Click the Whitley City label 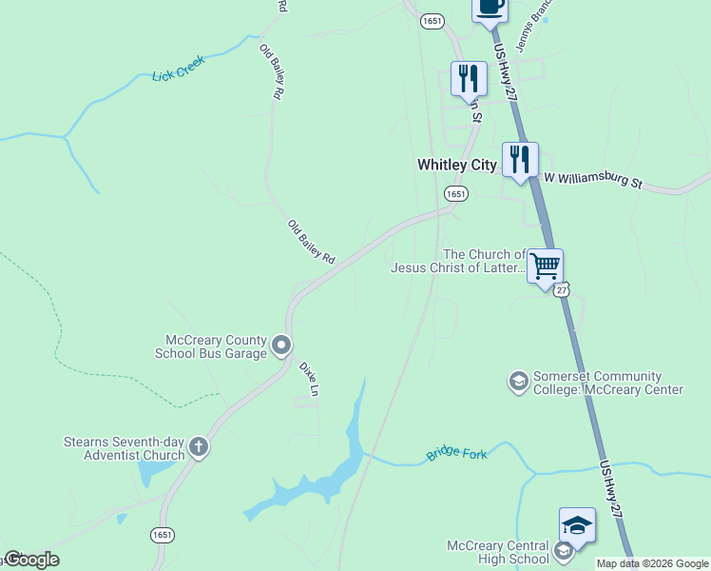pos(456,165)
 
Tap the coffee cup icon pos(490,8)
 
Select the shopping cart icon pos(545,266)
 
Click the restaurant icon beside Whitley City pos(520,159)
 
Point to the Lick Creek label pos(179,73)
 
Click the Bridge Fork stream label pos(456,455)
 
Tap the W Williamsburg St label pos(593,179)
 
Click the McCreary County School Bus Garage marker pos(281,345)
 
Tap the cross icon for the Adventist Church pos(198,446)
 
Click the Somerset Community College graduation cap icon pos(518,382)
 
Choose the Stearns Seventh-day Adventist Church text pos(124,447)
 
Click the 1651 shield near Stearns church pos(162,536)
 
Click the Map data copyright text pos(651,563)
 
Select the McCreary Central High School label pos(498,552)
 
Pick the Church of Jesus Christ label pos(458,261)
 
